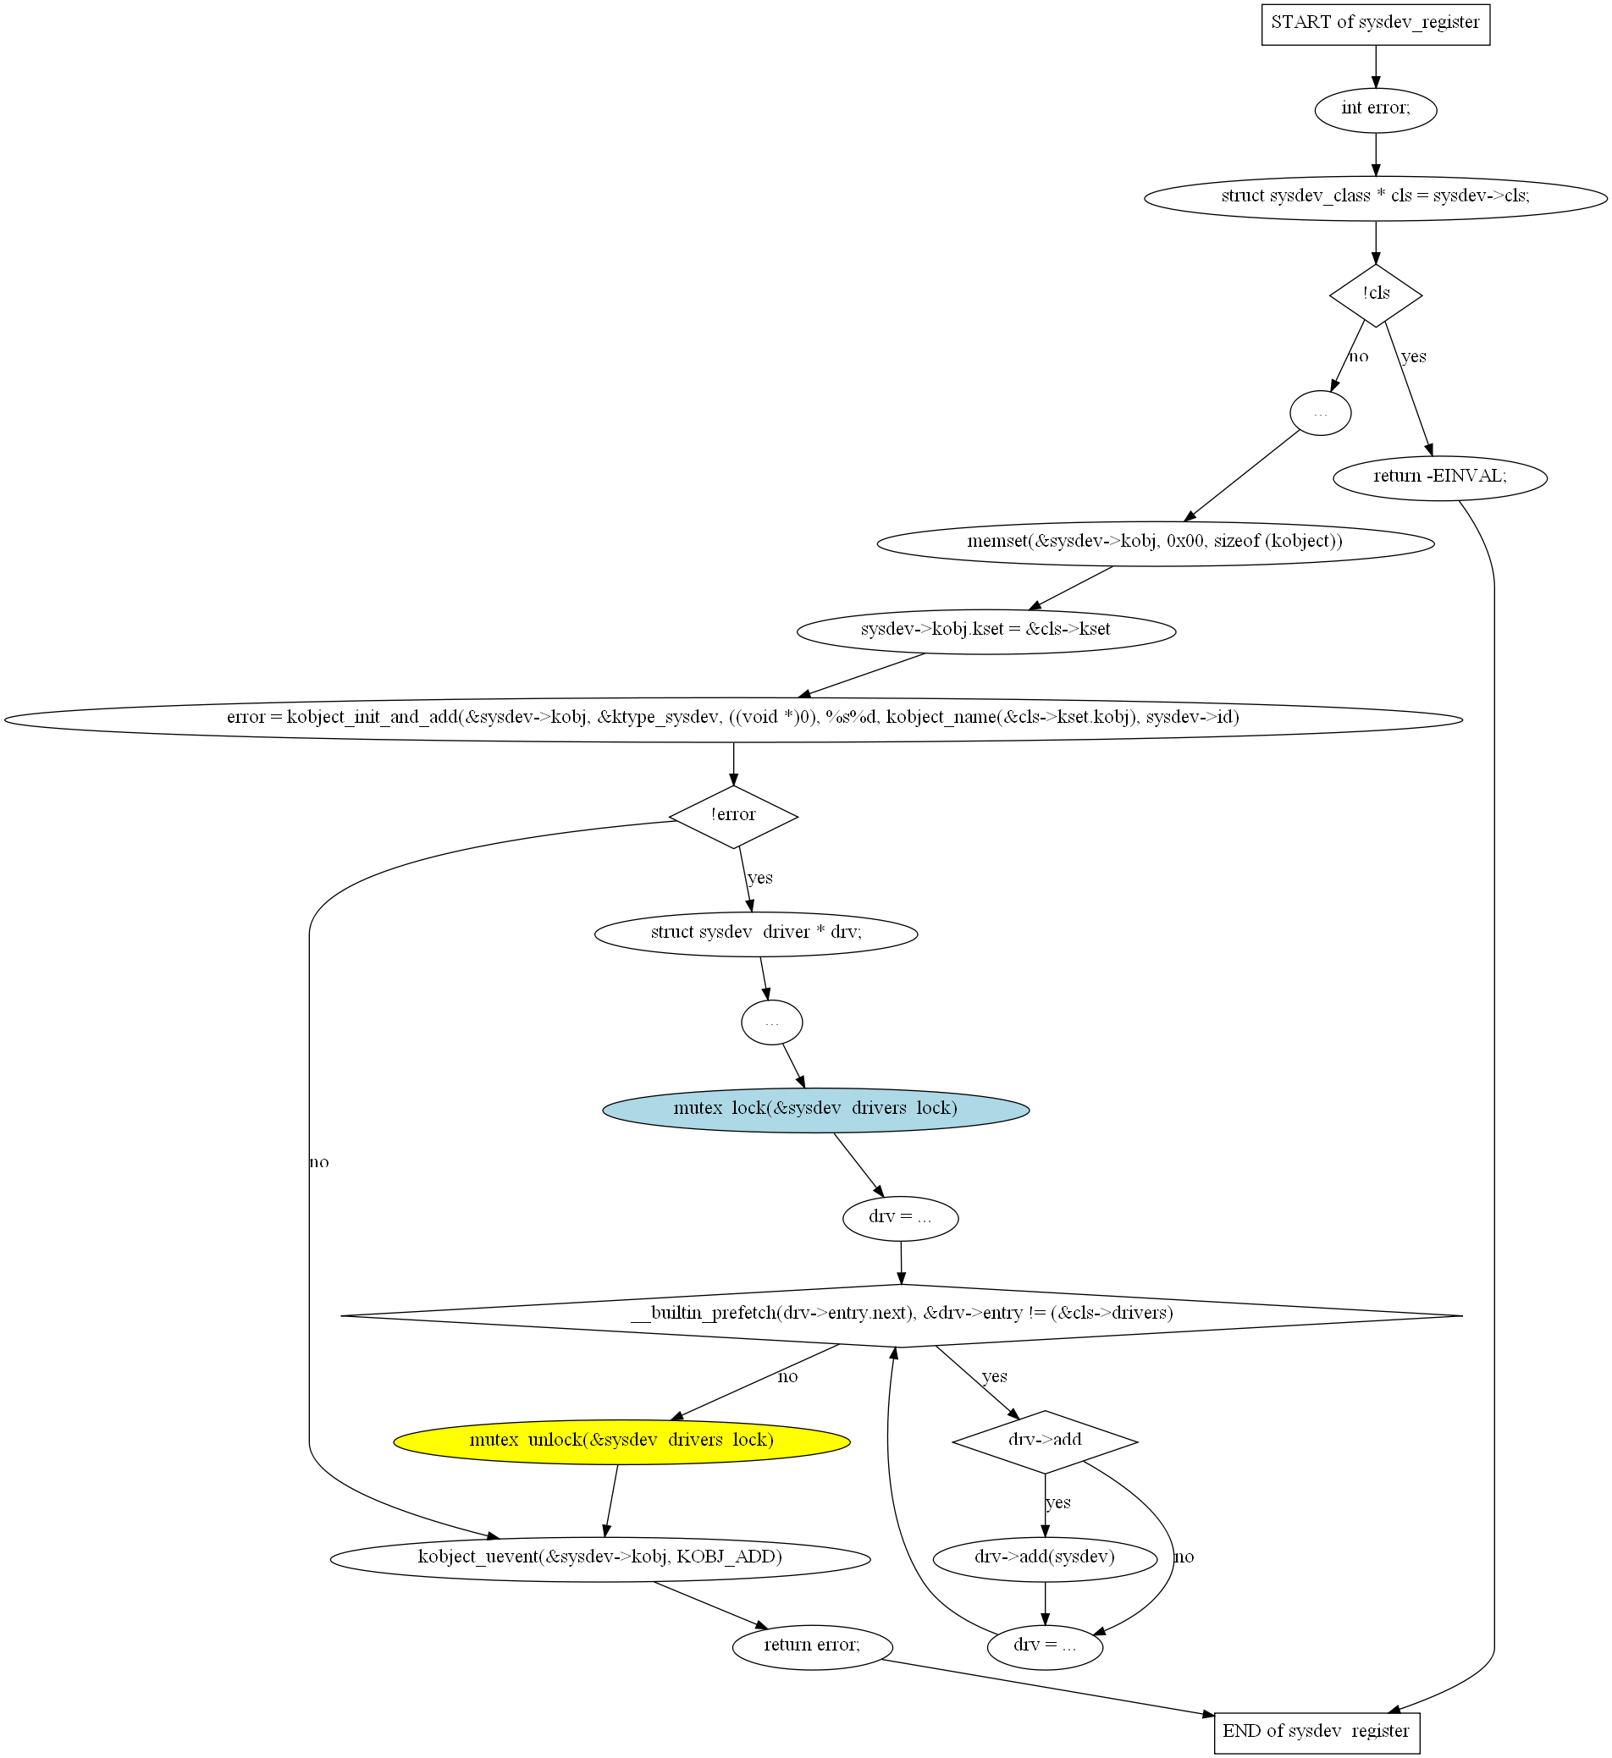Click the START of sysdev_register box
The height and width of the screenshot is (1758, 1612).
[1376, 24]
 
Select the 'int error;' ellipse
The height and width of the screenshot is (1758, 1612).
[1376, 110]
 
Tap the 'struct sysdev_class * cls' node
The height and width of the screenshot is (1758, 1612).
[1376, 198]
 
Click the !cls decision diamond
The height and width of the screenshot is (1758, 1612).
[1376, 295]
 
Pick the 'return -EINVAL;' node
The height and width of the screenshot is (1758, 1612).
[1440, 478]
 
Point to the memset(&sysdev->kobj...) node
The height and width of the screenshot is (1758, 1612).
[1155, 543]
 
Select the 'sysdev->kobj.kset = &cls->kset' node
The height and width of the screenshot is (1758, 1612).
[985, 631]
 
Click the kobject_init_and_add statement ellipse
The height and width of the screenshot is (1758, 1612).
[732, 719]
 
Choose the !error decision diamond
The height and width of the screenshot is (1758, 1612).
[732, 816]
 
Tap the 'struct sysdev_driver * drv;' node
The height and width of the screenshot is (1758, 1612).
[755, 934]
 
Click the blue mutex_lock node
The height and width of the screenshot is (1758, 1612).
[815, 1110]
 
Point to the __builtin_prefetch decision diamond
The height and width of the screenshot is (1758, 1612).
[901, 1315]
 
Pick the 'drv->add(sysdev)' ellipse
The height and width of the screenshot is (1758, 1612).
[1045, 1559]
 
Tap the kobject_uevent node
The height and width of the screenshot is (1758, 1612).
[600, 1559]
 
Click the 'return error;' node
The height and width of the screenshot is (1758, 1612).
[812, 1647]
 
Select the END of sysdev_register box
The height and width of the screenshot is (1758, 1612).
[1317, 1733]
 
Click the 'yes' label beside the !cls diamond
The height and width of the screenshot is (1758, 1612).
[1413, 356]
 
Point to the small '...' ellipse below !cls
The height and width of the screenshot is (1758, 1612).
[1321, 413]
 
